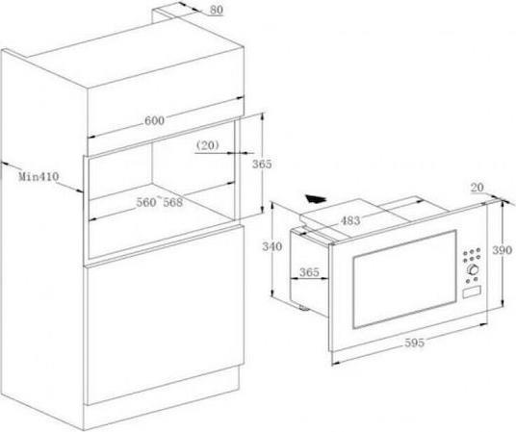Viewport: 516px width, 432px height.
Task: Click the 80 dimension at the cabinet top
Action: [217, 10]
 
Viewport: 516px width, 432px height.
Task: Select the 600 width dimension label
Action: [154, 121]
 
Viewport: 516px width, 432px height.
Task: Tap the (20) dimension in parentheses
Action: [208, 145]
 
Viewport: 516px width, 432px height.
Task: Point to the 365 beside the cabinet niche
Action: [262, 164]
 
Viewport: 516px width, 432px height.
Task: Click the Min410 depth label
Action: [39, 176]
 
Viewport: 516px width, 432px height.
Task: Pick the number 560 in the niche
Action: [146, 202]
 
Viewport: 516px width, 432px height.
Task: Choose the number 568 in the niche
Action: [172, 202]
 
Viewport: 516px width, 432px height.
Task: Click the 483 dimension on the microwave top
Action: [349, 220]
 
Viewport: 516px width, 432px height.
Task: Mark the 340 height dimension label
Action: [271, 246]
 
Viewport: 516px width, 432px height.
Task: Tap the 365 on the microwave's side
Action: [309, 272]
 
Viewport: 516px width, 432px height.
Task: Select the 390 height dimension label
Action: [503, 250]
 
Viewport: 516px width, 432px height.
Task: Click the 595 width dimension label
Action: [414, 343]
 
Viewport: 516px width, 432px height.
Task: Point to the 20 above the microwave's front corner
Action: [477, 188]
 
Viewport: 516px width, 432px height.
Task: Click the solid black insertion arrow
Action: [315, 199]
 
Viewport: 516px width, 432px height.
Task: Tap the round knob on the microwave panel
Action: [473, 269]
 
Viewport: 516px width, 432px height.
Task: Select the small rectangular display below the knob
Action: [472, 292]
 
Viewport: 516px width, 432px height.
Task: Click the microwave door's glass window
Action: [404, 279]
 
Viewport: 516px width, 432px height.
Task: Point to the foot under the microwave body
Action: [302, 308]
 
